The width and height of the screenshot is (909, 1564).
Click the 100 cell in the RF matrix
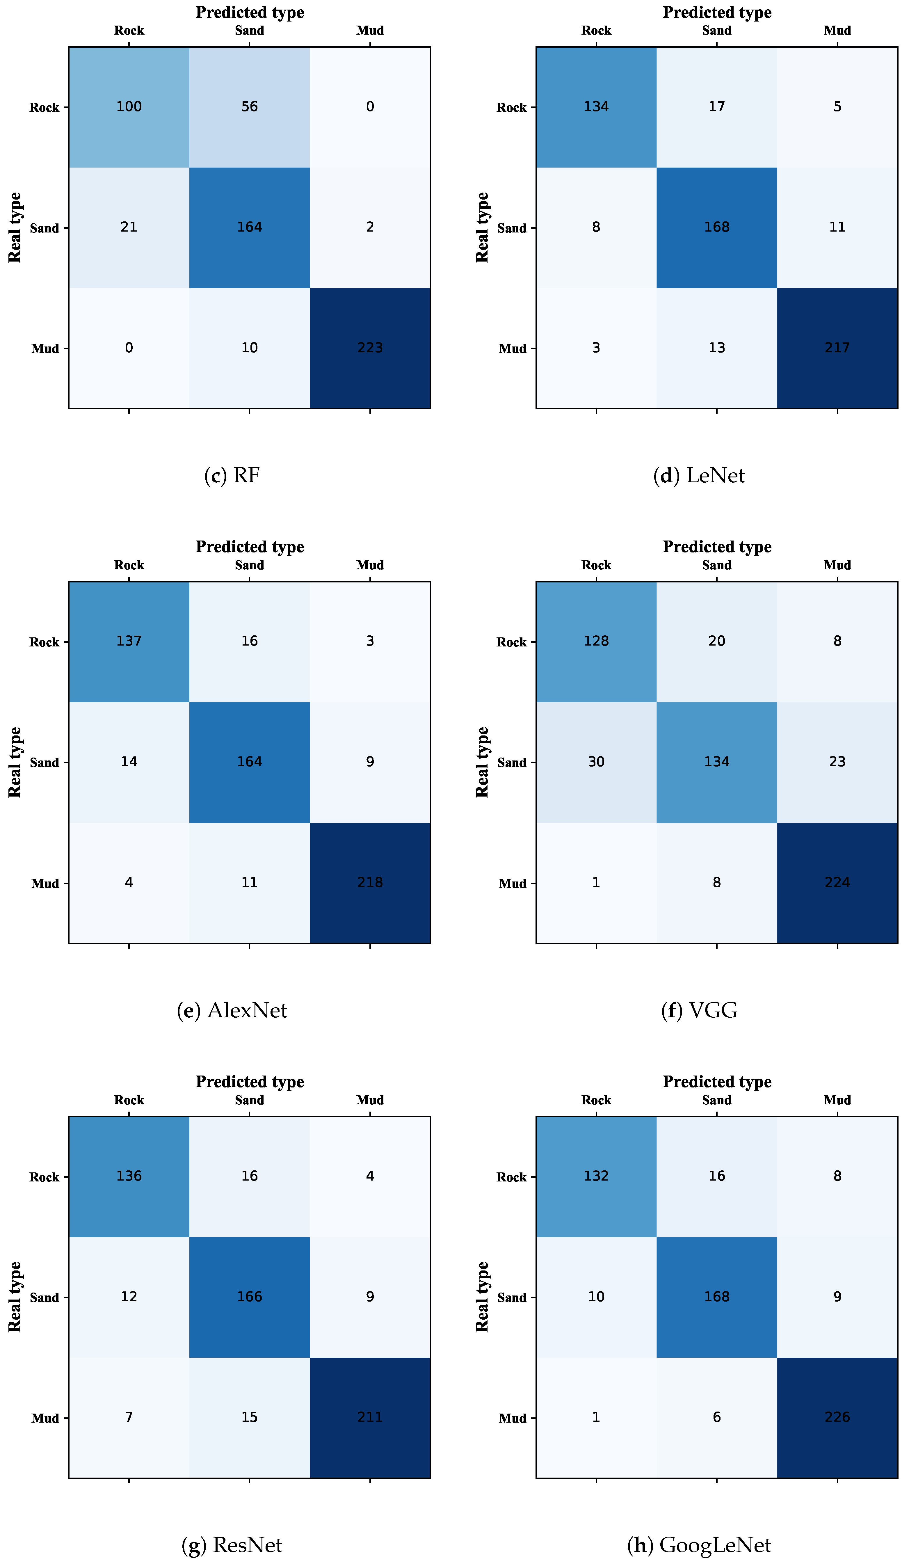point(129,107)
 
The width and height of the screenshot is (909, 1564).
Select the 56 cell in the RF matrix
point(250,107)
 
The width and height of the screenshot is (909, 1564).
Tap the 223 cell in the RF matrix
point(370,348)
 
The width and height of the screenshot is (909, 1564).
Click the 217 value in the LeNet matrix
point(837,348)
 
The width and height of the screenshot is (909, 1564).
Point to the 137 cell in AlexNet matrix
point(129,641)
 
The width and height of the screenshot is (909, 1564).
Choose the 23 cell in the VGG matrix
point(837,762)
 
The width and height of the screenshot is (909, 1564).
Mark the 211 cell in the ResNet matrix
point(370,1417)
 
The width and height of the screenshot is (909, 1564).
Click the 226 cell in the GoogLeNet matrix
point(837,1417)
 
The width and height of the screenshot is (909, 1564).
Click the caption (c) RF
point(232,476)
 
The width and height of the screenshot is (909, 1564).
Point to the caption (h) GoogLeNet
point(699,1545)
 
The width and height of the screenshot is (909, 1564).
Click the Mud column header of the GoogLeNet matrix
point(837,1100)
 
